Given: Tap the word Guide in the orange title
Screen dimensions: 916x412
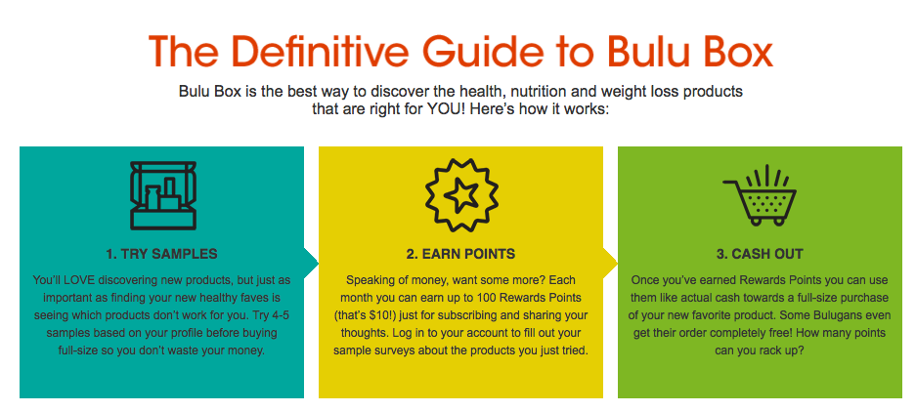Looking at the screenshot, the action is coord(483,51).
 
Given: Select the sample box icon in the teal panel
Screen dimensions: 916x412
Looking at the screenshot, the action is coord(163,195).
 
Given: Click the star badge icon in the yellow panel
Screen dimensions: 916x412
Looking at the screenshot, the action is coord(461,195).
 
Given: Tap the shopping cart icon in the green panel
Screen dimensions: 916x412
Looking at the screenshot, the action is coord(760,196).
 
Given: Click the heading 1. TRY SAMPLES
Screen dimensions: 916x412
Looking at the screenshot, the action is coord(162,254).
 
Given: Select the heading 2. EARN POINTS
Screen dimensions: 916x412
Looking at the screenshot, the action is coord(460,254).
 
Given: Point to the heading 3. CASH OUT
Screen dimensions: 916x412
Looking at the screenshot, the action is coord(760,254).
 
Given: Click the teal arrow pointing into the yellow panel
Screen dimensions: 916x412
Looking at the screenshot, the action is coord(312,263).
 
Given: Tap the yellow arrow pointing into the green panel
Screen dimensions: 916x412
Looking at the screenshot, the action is coord(610,263).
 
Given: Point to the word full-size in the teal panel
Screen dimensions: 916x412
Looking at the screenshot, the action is coord(80,351).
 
